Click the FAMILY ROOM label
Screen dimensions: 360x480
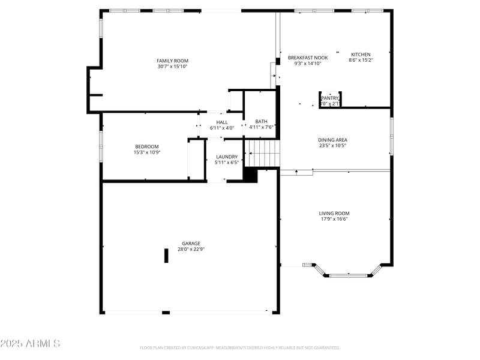[172, 61]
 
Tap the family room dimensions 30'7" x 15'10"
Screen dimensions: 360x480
[172, 67]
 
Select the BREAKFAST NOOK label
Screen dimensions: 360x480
[308, 58]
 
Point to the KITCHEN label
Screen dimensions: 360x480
[361, 55]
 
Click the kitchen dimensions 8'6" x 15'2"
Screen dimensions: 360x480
[361, 60]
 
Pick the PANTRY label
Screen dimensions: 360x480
[330, 98]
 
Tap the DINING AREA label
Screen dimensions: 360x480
[332, 140]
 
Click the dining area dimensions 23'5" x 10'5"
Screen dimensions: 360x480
[332, 145]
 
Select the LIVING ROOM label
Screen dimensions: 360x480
[334, 213]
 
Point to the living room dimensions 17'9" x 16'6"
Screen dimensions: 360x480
[334, 219]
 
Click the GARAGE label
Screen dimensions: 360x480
[191, 243]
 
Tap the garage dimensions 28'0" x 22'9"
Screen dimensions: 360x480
[191, 249]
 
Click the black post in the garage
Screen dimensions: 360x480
[166, 256]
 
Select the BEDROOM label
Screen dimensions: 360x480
[146, 146]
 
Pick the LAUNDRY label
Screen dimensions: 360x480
[227, 157]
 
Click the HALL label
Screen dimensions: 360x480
[222, 122]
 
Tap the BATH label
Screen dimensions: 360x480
[261, 121]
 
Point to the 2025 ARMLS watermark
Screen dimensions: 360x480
[30, 344]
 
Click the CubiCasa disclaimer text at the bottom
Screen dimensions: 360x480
[240, 347]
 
